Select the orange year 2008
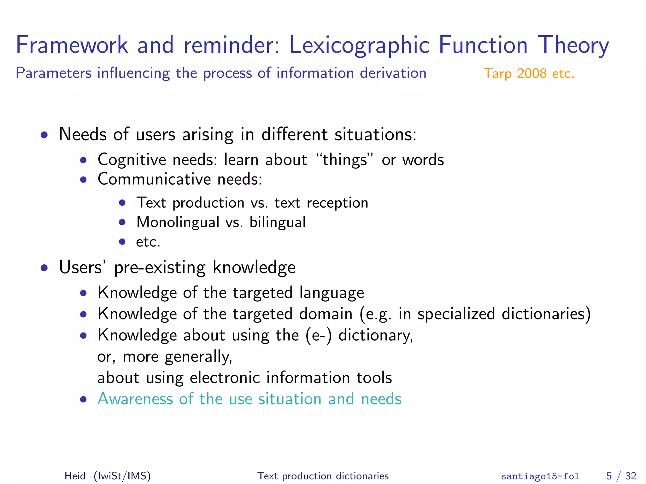(532, 73)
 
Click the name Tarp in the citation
(497, 74)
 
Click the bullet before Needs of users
(44, 135)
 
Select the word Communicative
(154, 179)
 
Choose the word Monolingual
(178, 222)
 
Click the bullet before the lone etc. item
(122, 242)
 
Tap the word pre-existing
(160, 268)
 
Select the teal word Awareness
(135, 399)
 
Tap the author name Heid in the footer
(75, 476)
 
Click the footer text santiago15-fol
(540, 476)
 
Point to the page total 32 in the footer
(631, 476)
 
